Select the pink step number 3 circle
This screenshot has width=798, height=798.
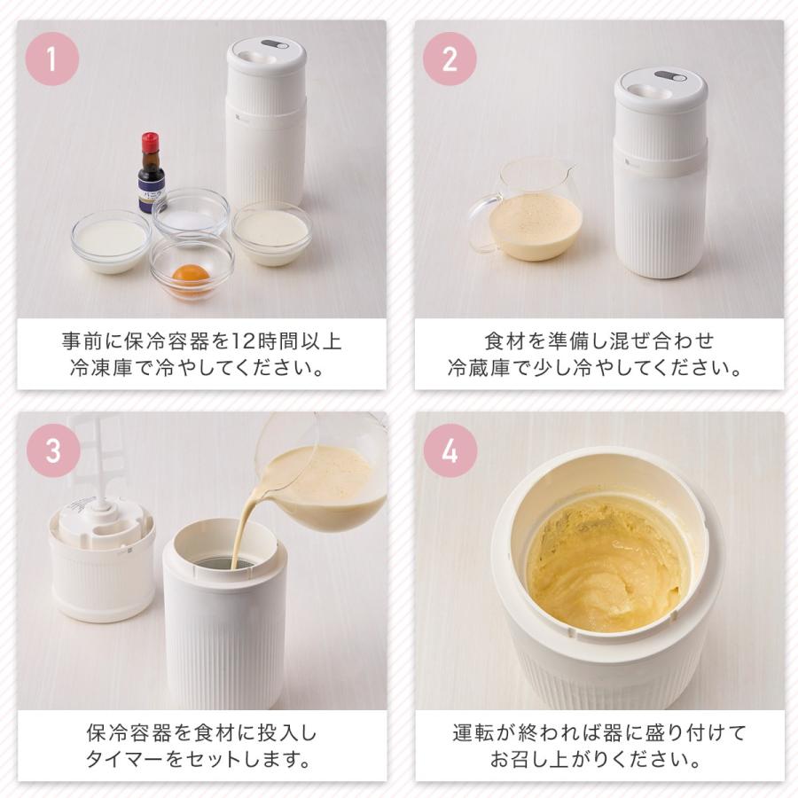coord(52,450)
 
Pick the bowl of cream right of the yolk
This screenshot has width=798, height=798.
coord(270,231)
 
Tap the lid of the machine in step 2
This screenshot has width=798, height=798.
coord(660,90)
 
